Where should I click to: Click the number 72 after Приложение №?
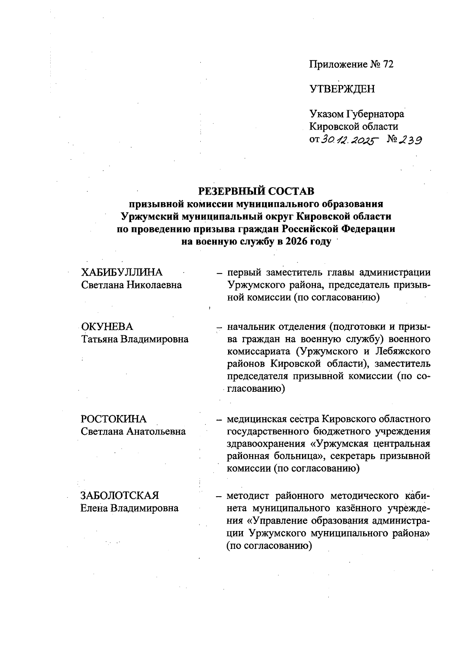click(388, 65)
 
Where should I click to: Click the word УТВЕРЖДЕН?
click(342, 89)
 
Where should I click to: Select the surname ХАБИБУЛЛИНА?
click(122, 273)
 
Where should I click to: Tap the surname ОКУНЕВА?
click(107, 327)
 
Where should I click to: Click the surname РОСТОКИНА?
click(114, 419)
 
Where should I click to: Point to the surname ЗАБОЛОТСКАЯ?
click(120, 495)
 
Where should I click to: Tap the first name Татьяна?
click(99, 340)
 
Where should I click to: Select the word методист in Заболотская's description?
click(247, 495)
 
